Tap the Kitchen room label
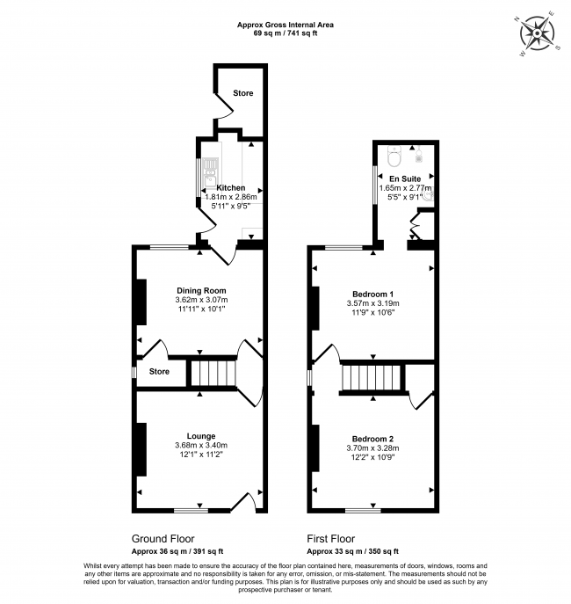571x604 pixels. [x=230, y=188]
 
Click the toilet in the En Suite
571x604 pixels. [x=395, y=156]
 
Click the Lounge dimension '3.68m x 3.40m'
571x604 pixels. [x=200, y=446]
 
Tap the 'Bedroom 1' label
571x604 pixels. [x=373, y=294]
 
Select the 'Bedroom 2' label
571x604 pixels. [x=373, y=439]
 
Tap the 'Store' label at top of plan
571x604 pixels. [x=242, y=93]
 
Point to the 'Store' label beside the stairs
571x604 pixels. [x=159, y=372]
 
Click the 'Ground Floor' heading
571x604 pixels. [x=163, y=538]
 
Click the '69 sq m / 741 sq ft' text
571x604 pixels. [x=285, y=33]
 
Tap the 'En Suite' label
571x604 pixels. [x=405, y=178]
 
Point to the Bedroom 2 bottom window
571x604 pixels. [x=362, y=509]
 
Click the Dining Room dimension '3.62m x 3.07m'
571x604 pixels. [x=200, y=301]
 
